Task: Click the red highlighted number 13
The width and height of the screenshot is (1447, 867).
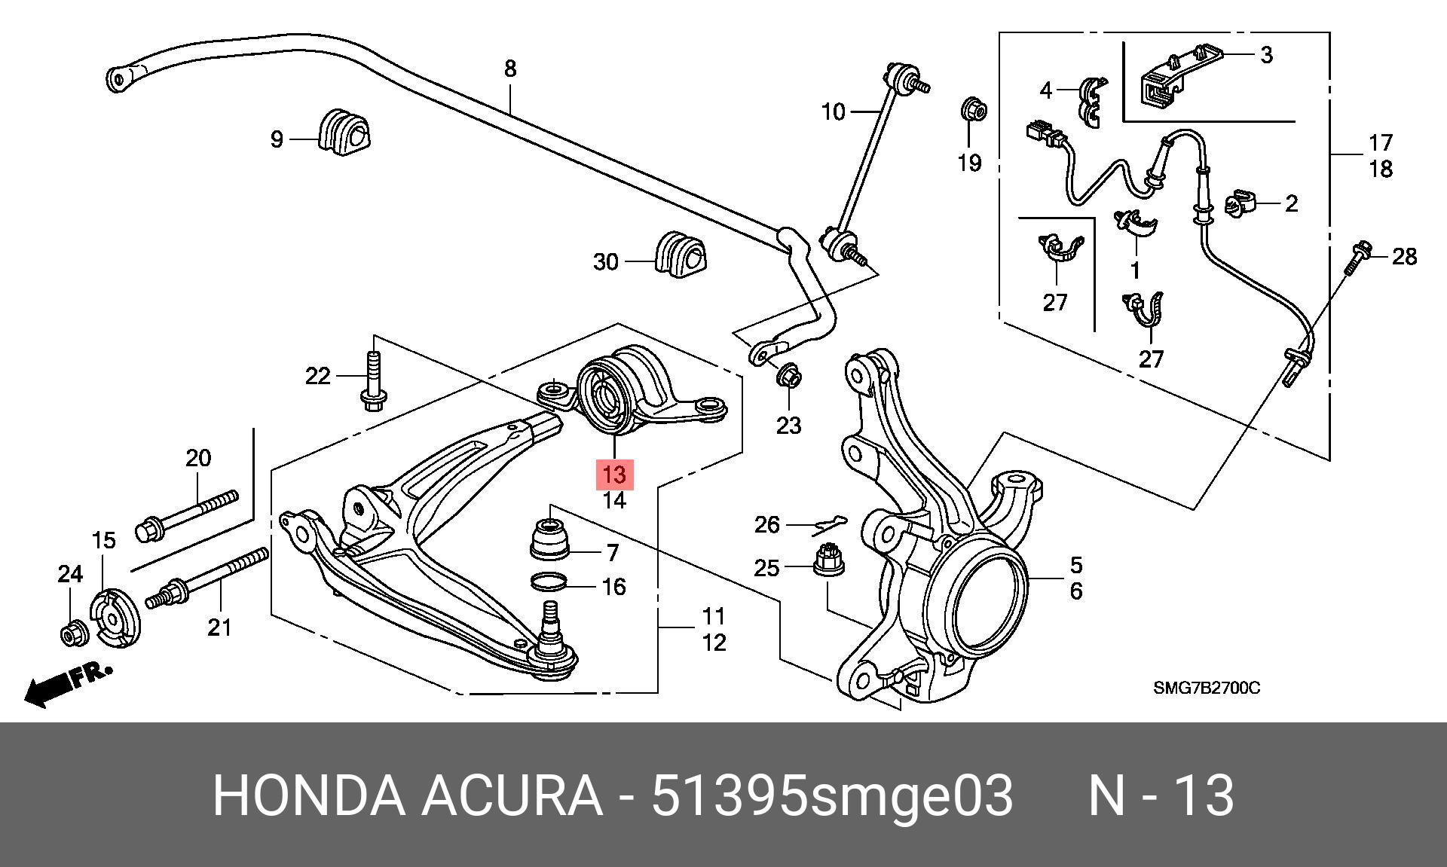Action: pos(614,475)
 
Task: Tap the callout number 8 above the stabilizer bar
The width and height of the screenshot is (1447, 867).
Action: pos(510,69)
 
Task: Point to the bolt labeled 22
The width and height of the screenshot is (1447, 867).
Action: pos(373,381)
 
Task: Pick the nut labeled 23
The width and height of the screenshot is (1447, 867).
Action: pos(788,374)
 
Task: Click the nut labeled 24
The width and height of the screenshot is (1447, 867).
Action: pos(74,634)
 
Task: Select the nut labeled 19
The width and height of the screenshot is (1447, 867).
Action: pos(974,111)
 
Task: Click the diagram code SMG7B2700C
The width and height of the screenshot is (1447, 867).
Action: pos(1206,688)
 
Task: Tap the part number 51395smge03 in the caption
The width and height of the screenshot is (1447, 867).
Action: pos(832,795)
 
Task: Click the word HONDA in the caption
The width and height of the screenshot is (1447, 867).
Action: pos(309,795)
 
